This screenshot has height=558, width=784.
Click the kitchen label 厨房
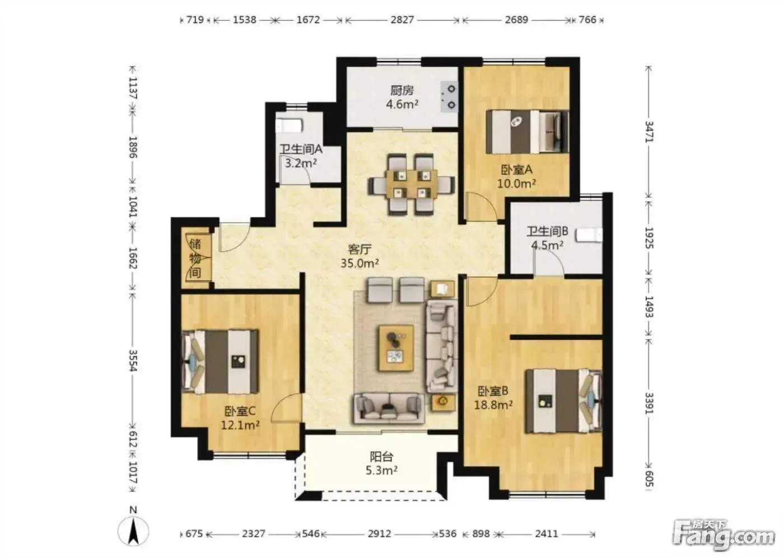pos(402,91)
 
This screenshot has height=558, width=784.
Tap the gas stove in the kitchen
pos(449,96)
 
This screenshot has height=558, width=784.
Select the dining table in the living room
pos(411,184)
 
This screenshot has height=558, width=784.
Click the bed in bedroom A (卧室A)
pos(528,132)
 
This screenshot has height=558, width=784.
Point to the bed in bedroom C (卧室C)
pos(220,361)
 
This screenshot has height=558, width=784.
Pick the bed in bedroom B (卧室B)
pos(563,401)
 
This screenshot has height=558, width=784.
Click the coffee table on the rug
pos(396,348)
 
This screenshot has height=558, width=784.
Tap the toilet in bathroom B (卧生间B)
pos(589,235)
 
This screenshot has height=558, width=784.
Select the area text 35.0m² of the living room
pos(360,263)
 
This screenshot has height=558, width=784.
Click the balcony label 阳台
pos(381,457)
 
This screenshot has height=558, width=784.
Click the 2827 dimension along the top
pos(402,20)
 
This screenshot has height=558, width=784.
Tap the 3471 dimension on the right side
pos(649,132)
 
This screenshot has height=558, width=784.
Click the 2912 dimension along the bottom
pos(379,534)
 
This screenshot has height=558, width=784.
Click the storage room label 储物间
pos(195,258)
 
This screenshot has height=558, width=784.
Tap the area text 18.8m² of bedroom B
pos(493,405)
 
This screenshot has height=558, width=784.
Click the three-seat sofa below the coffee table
pos(389,408)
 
